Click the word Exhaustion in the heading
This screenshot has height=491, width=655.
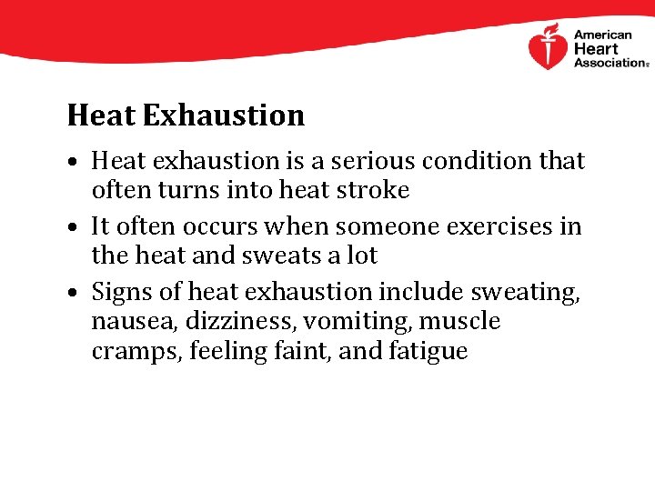pos(224,115)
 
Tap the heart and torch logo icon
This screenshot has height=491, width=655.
pos(548,47)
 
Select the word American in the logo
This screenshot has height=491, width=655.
pos(603,35)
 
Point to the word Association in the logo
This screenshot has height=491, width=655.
pos(609,63)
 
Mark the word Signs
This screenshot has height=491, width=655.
pos(125,292)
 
